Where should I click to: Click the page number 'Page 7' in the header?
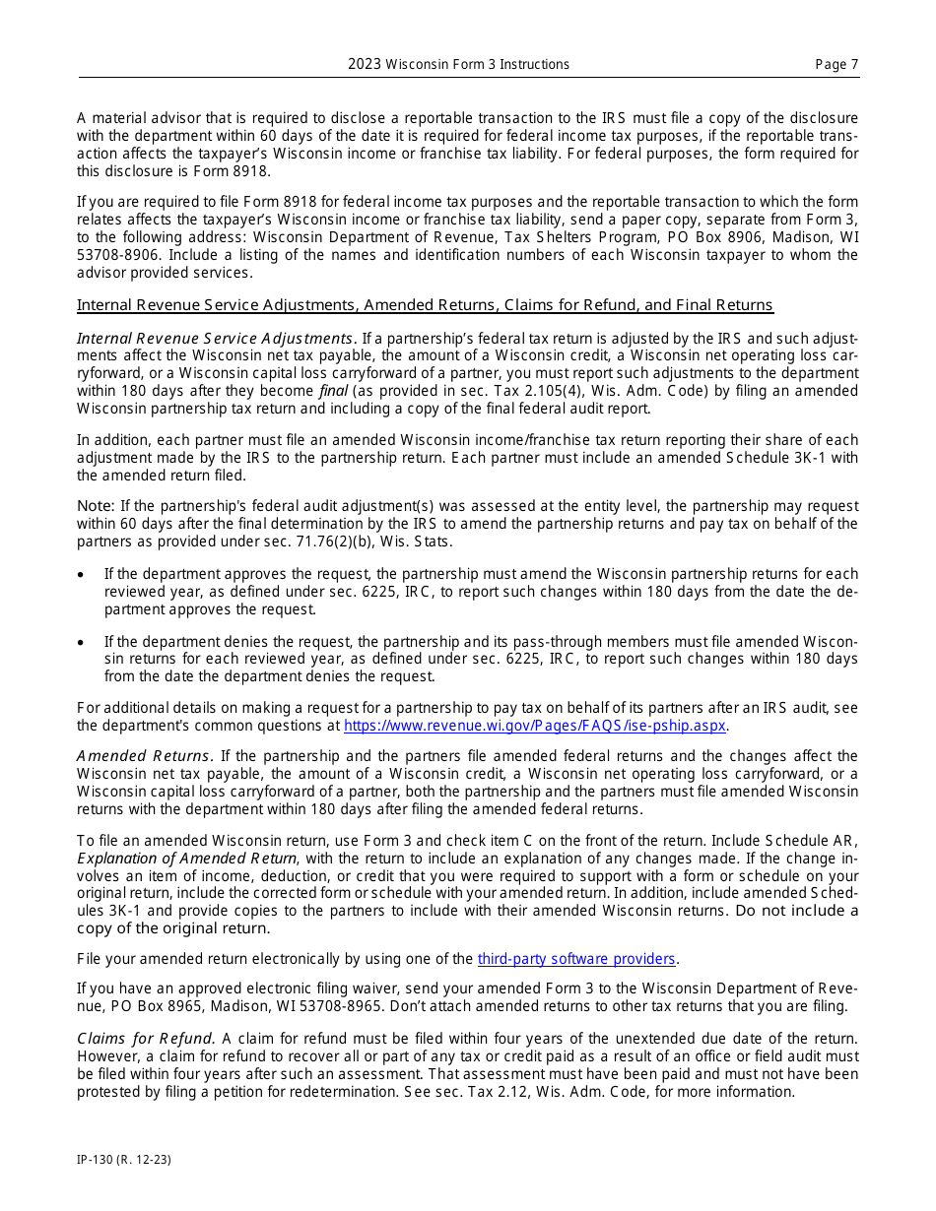point(836,65)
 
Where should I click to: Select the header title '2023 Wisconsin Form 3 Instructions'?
point(458,65)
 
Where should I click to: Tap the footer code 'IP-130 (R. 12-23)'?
point(124,1160)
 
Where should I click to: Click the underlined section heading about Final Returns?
point(425,305)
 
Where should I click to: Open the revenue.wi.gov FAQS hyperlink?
point(534,726)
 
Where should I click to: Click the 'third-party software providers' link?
point(577,959)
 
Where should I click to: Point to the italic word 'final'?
point(332,391)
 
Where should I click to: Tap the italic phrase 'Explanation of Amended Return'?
point(186,859)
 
